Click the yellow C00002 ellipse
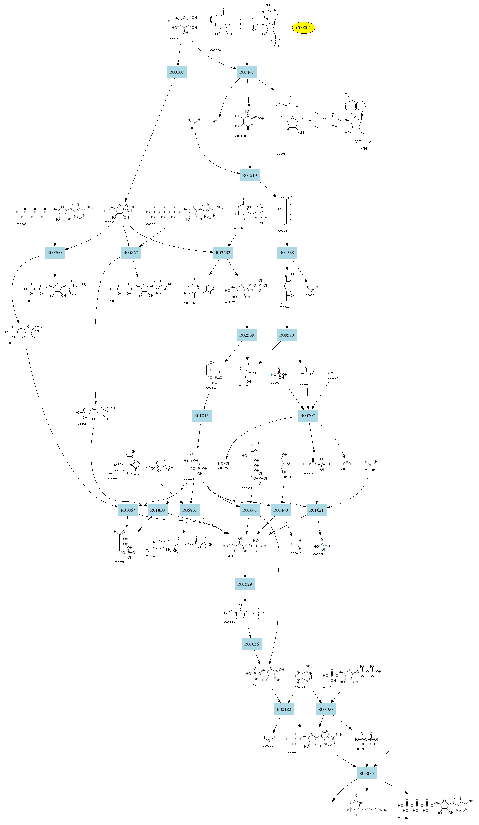coord(303,28)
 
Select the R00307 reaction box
coord(177,72)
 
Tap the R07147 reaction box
coord(247,72)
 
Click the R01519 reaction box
coord(250,175)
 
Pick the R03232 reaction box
coord(223,253)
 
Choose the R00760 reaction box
coord(54,253)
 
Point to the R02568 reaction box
coord(247,335)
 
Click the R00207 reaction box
coord(308,416)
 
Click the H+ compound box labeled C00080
coord(218,124)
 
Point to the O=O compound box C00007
coord(333,375)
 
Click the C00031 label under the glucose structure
coord(173,38)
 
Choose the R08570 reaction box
coord(287,335)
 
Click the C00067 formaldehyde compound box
coord(296,547)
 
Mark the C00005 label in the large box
coord(280,153)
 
